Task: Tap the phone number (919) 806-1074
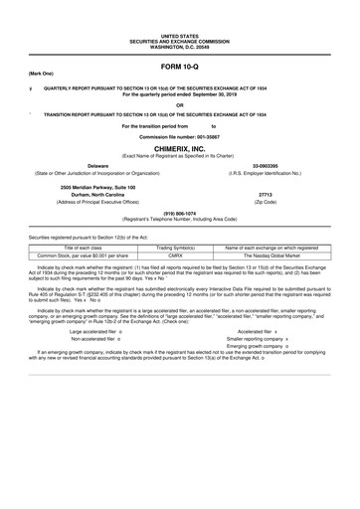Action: click(x=179, y=211)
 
